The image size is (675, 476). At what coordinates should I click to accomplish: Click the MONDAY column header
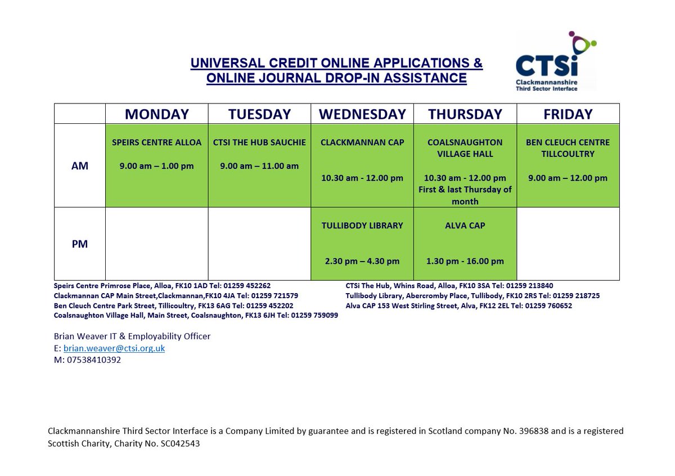point(156,114)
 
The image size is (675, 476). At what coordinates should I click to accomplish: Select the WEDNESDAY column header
point(362,114)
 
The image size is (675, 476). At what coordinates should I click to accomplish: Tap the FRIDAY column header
point(568,114)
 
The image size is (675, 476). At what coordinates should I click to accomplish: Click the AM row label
point(80,167)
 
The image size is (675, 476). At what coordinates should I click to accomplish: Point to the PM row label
point(80,245)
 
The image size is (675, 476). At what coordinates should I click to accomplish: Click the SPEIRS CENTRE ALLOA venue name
point(156,142)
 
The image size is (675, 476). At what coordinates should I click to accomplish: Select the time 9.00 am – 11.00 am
point(259,166)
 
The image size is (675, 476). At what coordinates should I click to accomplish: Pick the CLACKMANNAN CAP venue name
point(362,142)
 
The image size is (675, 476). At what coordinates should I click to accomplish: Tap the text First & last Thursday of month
point(465,195)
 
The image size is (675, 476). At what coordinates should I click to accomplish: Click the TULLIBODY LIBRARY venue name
point(362,226)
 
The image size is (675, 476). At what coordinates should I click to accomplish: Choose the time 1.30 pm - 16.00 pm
point(465,261)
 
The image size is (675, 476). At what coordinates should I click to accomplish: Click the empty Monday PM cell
point(156,244)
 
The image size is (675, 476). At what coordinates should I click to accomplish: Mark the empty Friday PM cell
point(568,244)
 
